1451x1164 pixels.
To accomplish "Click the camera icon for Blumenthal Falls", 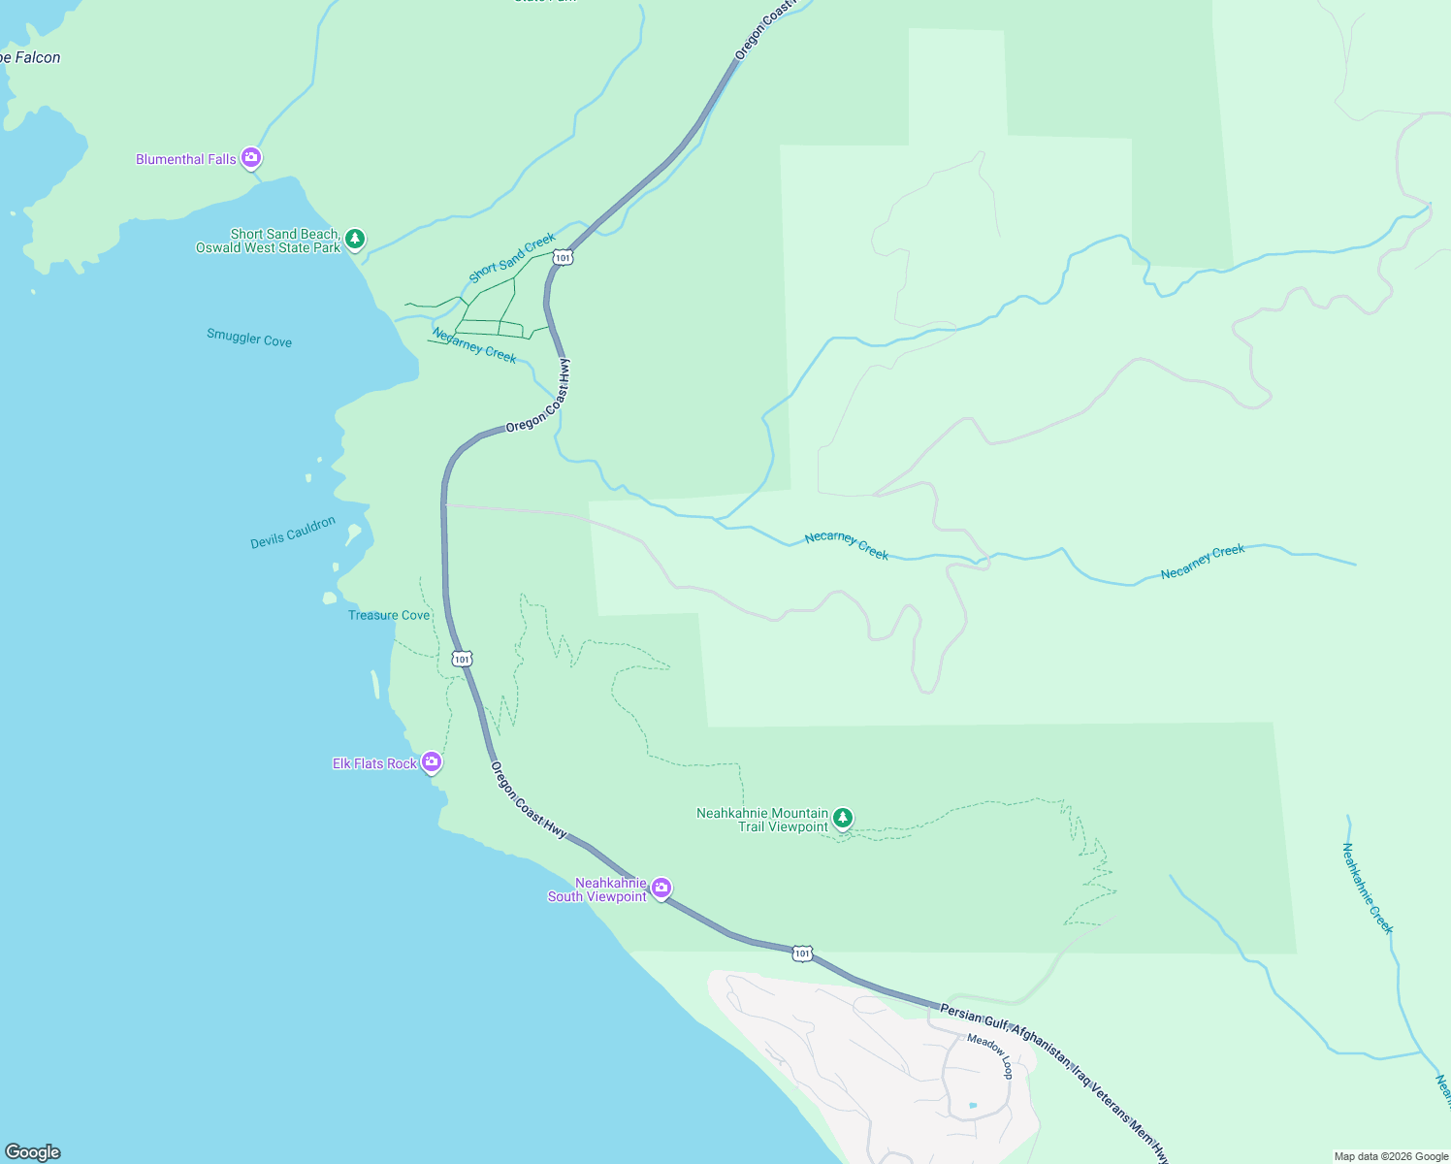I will coord(251,157).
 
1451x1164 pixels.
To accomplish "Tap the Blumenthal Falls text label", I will coord(186,159).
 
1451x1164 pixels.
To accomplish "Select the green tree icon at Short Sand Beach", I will coord(355,238).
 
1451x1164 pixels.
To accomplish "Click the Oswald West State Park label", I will coord(269,248).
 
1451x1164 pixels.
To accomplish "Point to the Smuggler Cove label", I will coord(249,338).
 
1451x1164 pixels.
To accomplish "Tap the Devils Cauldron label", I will coord(293,533).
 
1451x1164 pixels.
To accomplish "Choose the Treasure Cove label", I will coord(389,615).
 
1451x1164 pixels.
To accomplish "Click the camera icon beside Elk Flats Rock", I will coord(432,762).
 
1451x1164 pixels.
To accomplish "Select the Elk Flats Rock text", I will coord(374,764).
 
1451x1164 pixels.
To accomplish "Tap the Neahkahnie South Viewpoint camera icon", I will coord(661,888).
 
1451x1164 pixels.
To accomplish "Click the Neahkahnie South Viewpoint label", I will coord(597,890).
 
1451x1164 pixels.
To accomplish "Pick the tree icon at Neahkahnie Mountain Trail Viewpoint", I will coord(843,818).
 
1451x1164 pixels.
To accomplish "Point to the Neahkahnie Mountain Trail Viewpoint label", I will coord(762,820).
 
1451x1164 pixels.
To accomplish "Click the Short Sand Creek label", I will coord(512,257).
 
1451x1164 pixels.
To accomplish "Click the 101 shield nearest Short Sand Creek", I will coord(564,257).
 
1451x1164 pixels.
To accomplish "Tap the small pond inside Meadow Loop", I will coord(973,1105).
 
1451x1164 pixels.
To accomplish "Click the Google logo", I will coord(33,1152).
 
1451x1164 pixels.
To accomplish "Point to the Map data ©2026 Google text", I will coord(1391,1156).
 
